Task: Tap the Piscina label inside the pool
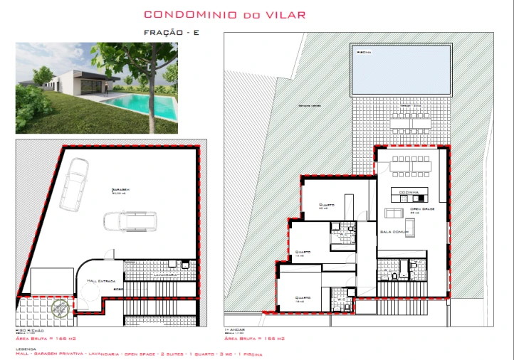[x=364, y=52]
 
